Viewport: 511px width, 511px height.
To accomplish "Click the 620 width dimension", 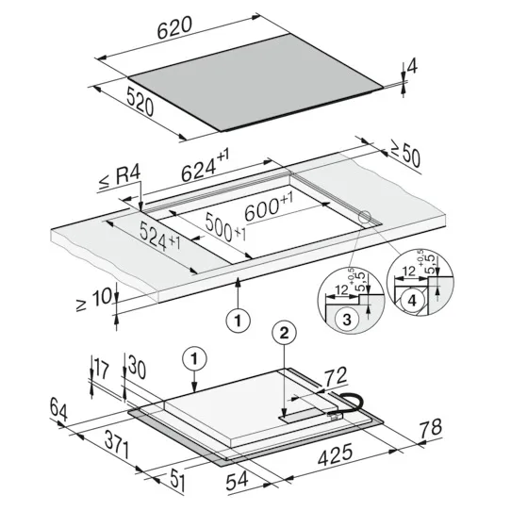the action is tap(174, 27).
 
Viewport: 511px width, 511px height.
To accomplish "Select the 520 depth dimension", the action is tap(140, 103).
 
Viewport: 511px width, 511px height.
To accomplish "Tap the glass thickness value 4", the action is tap(412, 67).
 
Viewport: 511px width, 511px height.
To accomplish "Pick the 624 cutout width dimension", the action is tap(205, 166).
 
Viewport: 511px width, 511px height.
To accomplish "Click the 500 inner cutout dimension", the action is tap(225, 227).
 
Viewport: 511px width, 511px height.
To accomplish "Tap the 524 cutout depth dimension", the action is tap(159, 237).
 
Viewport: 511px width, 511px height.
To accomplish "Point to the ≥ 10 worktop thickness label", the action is tap(94, 299).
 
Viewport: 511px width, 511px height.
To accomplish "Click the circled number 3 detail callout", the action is tap(347, 320).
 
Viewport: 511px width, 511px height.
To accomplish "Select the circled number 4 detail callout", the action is tap(412, 301).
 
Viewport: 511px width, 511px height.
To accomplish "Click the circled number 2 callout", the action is tap(284, 333).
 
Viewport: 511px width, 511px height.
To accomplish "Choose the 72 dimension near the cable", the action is tap(336, 376).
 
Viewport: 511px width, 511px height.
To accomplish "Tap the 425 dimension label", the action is tap(335, 454).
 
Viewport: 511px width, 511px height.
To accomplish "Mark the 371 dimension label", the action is tap(117, 445).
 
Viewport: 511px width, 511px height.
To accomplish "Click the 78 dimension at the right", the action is tap(431, 429).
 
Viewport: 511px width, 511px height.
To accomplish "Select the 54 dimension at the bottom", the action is tap(238, 481).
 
